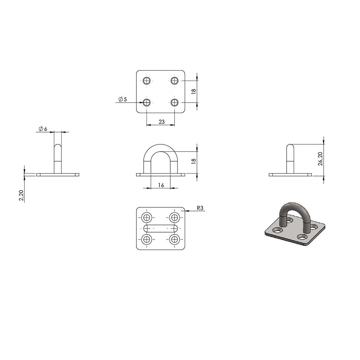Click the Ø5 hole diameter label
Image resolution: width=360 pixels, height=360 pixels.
tap(123, 99)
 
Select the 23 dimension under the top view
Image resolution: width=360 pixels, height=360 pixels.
tap(162, 122)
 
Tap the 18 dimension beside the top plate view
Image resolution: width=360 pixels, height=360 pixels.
tap(194, 91)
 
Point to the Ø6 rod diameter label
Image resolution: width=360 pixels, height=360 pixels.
tap(43, 129)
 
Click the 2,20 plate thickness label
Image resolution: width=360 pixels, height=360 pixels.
tap(21, 195)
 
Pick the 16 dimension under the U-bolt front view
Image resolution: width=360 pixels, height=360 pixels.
tap(161, 185)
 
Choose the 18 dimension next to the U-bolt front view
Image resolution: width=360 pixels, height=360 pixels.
tap(194, 161)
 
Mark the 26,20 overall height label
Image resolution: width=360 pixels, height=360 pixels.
tap(321, 159)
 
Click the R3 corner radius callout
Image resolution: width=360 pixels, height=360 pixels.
tap(200, 208)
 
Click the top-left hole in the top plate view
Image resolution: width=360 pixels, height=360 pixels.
tap(147, 81)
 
